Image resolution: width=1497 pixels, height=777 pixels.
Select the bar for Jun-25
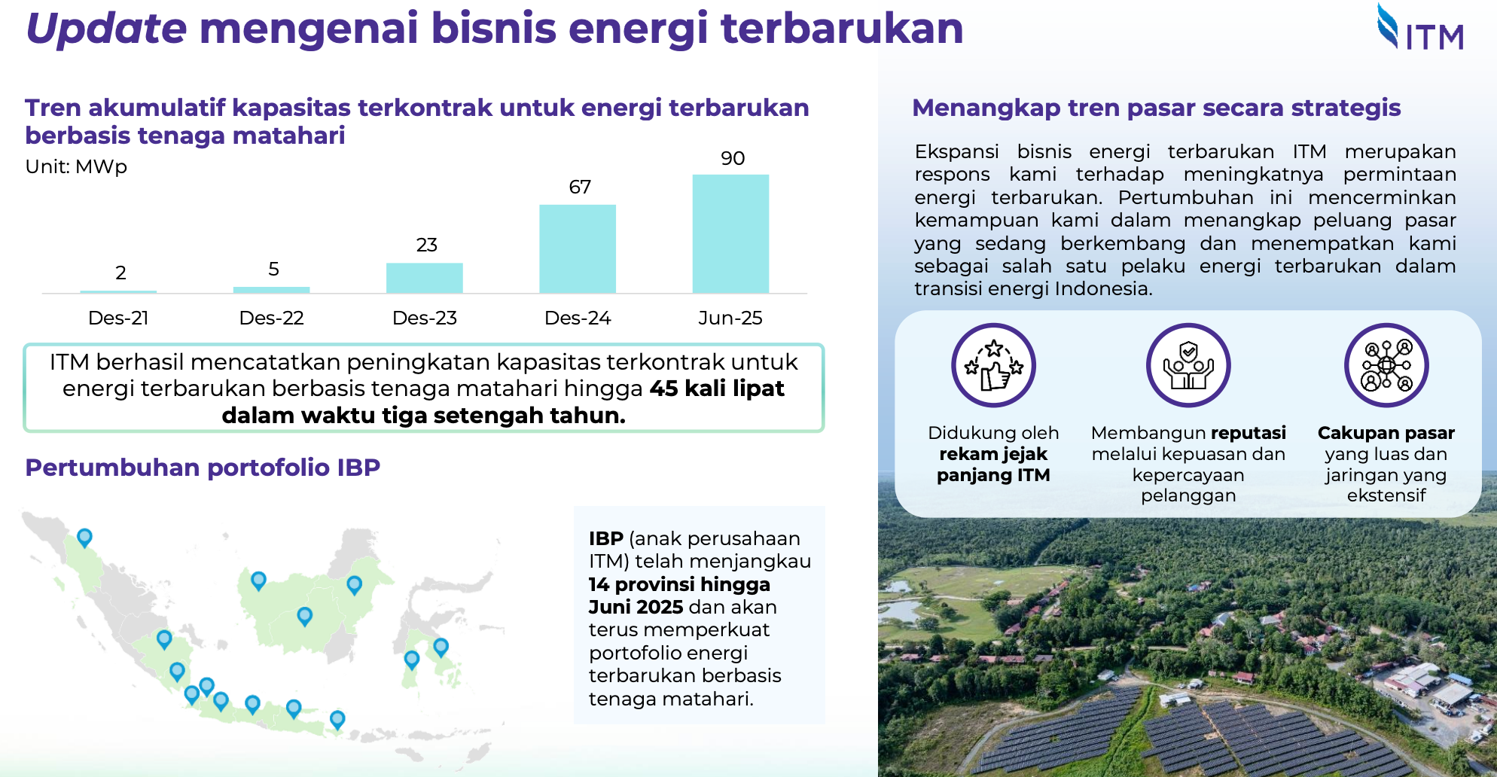[730, 233]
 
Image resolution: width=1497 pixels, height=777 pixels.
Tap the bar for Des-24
[578, 248]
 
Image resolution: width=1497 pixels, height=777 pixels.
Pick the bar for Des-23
[424, 278]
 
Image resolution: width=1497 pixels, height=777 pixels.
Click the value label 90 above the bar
[733, 158]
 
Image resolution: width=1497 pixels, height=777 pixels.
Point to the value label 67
[580, 187]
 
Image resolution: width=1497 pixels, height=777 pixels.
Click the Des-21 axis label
[118, 318]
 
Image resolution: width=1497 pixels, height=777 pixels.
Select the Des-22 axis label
[271, 318]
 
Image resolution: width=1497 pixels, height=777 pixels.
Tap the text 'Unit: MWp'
[76, 166]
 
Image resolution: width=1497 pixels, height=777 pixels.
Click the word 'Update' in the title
[106, 29]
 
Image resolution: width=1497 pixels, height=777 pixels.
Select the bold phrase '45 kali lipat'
[717, 388]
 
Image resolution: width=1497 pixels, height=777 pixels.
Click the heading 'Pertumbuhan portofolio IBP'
[203, 468]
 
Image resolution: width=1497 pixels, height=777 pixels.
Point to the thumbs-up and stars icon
[993, 365]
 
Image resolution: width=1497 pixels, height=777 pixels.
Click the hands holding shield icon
[1188, 365]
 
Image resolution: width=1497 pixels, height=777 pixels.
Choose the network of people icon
[1386, 365]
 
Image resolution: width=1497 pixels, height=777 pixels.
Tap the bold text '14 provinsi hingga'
[679, 584]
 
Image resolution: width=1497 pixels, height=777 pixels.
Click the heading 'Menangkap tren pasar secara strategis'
[1156, 108]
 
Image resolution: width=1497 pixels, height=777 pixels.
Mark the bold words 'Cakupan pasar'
[1386, 433]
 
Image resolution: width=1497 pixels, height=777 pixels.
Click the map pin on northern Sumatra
[84, 537]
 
